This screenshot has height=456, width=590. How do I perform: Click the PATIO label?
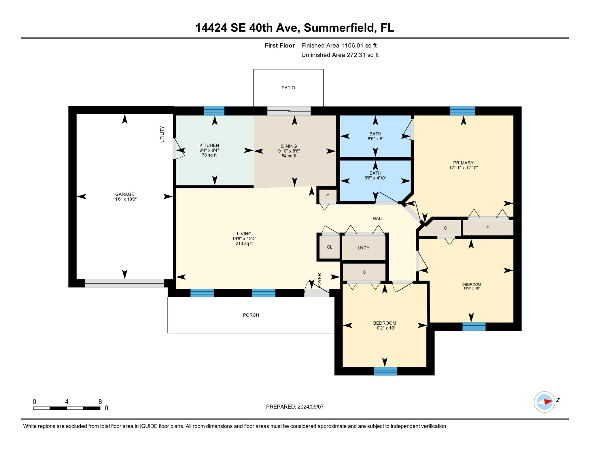coord(288,88)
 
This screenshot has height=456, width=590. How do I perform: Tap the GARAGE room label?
coord(124,194)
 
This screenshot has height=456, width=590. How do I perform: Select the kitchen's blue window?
coord(214,111)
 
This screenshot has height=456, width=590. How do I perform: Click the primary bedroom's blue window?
coord(462,111)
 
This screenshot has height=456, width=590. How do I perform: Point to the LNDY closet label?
coord(363,248)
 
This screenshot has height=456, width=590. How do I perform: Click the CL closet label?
coord(330,247)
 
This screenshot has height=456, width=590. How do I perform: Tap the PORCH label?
coord(251,315)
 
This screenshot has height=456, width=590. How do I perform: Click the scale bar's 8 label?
coord(100,402)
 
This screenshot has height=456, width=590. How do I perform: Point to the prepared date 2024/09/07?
coord(311,407)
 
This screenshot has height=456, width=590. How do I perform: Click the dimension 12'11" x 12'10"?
coord(463,168)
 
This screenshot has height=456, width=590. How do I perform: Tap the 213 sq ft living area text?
coord(244,244)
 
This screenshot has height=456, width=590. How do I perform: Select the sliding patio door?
coord(289,111)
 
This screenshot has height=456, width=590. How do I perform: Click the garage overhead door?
coord(124,283)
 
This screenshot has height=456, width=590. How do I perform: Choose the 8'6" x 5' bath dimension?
coord(375,139)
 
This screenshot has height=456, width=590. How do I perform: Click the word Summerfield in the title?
coord(339,28)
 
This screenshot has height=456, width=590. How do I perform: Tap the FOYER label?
coord(319,280)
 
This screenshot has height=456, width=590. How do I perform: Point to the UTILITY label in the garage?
coord(162,134)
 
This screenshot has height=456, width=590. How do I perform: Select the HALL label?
coord(378,219)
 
